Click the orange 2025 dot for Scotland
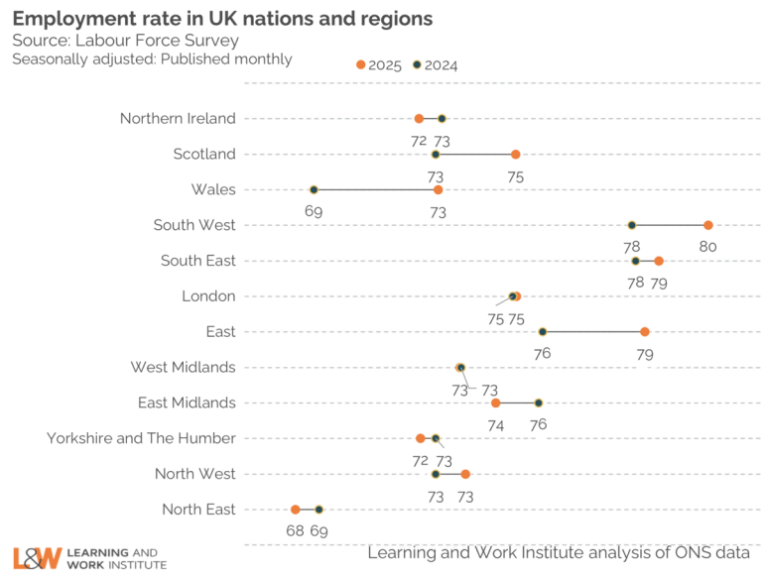click(516, 154)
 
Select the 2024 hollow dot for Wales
click(314, 189)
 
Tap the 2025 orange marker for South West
click(708, 225)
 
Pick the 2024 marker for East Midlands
click(539, 402)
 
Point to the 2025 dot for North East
click(296, 509)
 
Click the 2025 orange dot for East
click(645, 331)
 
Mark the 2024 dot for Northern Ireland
click(442, 118)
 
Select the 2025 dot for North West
click(465, 474)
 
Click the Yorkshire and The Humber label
click(141, 438)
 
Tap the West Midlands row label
click(183, 367)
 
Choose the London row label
click(208, 295)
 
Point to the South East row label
click(198, 261)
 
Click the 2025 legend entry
click(378, 65)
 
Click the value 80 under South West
click(707, 247)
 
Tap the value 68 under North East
click(296, 530)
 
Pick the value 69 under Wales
click(314, 211)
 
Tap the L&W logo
click(38, 558)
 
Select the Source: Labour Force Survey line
click(125, 40)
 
